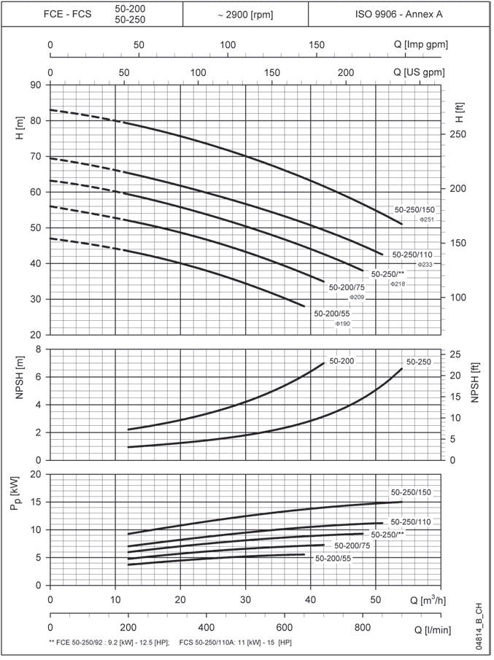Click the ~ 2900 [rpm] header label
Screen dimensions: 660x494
coord(245,14)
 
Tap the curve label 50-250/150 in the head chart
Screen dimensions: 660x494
coord(413,209)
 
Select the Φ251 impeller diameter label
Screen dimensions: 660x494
coord(427,220)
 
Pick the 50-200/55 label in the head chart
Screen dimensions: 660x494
coord(332,313)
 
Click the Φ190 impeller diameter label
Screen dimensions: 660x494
coord(342,323)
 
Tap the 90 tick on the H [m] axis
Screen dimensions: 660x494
coord(35,85)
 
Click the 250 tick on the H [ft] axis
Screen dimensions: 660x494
coord(456,135)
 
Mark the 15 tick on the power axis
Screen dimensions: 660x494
coord(35,502)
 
